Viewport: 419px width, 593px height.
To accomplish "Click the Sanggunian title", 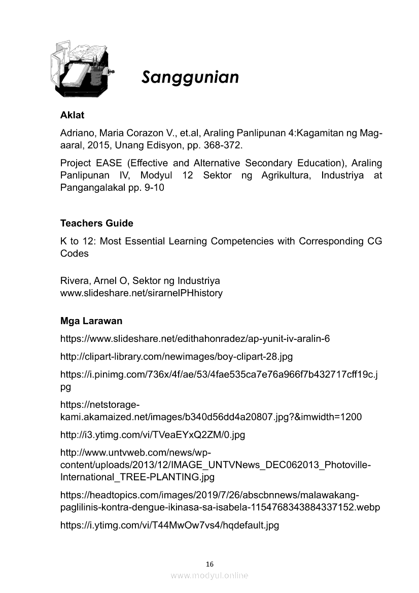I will click(190, 78).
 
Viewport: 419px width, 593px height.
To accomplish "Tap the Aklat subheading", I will click(72, 116).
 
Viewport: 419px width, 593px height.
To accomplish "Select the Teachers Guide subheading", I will click(96, 223).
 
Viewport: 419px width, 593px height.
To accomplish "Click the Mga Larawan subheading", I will click(91, 321).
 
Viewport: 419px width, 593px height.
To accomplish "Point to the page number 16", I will click(210, 564).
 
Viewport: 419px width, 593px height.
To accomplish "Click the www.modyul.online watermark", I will click(209, 575).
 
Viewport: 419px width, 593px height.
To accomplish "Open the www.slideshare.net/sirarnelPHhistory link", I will click(141, 293).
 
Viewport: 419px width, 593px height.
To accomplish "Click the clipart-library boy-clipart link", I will click(176, 357).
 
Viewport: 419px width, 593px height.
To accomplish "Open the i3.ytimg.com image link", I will click(152, 435).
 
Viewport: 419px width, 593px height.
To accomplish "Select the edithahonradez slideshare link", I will click(195, 339).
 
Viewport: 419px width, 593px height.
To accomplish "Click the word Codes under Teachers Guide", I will click(74, 254).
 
